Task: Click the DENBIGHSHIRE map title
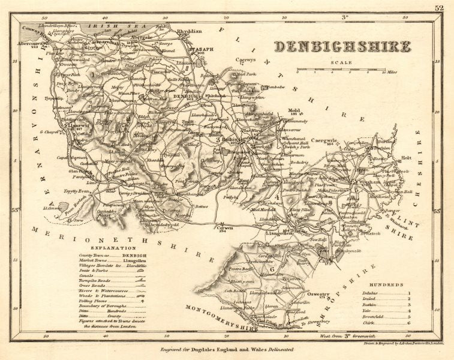(342, 47)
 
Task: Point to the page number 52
(440, 7)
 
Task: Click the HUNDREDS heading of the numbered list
(386, 285)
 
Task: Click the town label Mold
(294, 110)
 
